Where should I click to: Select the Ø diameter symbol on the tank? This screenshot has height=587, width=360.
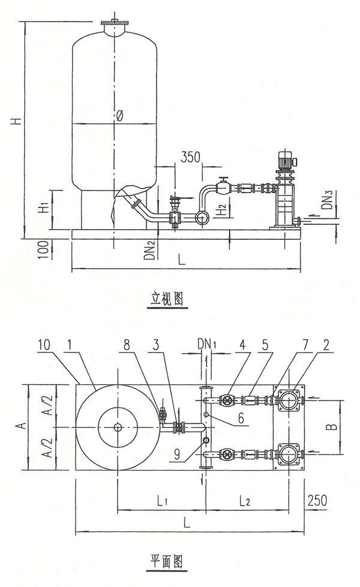point(119,116)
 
